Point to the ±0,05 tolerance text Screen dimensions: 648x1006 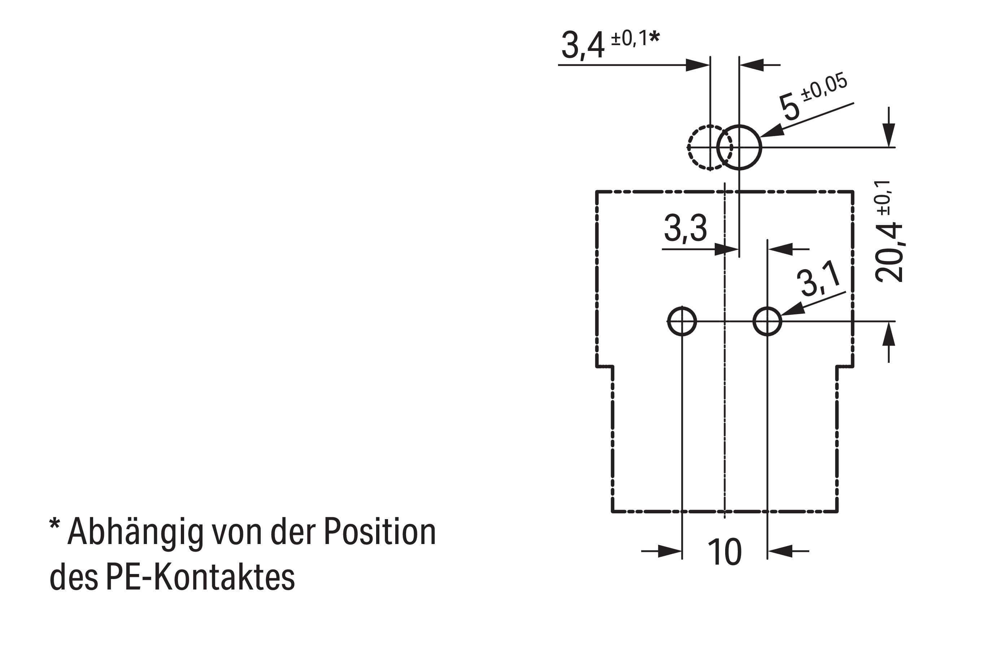(x=824, y=87)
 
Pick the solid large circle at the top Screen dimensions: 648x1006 (x=739, y=148)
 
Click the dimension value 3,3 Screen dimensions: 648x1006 (x=685, y=229)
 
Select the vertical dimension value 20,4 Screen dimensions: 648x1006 (x=888, y=252)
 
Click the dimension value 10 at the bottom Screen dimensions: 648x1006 (x=724, y=552)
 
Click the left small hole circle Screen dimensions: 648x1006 (x=681, y=322)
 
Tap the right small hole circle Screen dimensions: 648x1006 (x=767, y=322)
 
